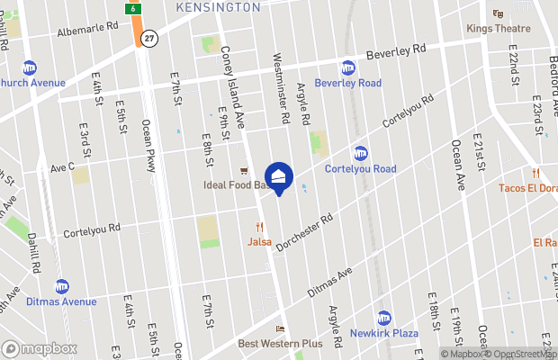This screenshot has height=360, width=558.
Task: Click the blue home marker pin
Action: pyautogui.click(x=278, y=176)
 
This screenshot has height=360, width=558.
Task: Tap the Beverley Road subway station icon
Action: pyautogui.click(x=347, y=67)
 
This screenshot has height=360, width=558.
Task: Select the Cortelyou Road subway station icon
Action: pyautogui.click(x=360, y=153)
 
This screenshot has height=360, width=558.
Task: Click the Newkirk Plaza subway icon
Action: pyautogui.click(x=384, y=318)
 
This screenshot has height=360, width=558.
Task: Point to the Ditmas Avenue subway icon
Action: pyautogui.click(x=62, y=286)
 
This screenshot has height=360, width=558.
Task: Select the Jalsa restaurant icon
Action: pyautogui.click(x=259, y=227)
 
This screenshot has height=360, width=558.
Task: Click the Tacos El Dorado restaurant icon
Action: pyautogui.click(x=535, y=173)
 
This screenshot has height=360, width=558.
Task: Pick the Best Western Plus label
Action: pyautogui.click(x=280, y=344)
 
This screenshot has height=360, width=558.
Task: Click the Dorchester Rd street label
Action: pyautogui.click(x=304, y=232)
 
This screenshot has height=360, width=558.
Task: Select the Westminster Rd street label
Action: pyautogui.click(x=281, y=87)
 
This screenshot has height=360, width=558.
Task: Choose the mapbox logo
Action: pyautogui.click(x=39, y=348)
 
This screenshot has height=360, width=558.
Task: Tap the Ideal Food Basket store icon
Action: pyautogui.click(x=243, y=171)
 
